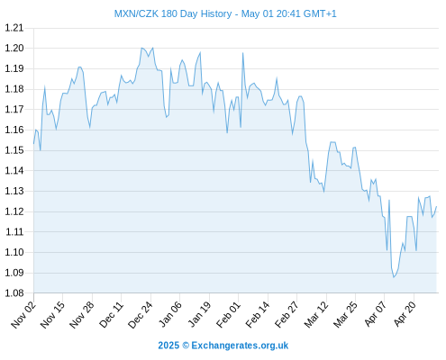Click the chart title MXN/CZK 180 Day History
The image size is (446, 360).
(x=173, y=13)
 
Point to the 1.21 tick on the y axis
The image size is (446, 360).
(x=14, y=28)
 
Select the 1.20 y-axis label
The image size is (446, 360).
(x=14, y=49)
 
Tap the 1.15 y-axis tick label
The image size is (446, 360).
(x=14, y=150)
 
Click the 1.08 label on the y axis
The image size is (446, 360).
(x=14, y=293)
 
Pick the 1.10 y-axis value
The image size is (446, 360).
(x=14, y=252)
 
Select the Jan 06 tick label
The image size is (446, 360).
(x=170, y=314)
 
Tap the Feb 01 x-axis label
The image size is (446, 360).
(x=229, y=314)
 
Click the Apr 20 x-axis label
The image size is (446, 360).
(x=405, y=314)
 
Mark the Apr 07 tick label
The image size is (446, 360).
(x=376, y=314)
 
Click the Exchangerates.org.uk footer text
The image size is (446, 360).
(x=240, y=346)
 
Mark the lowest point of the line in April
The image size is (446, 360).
(x=394, y=277)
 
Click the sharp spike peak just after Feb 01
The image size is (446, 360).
(x=242, y=53)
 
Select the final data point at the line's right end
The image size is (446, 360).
(x=436, y=206)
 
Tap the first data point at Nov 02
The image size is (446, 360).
(x=33, y=144)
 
